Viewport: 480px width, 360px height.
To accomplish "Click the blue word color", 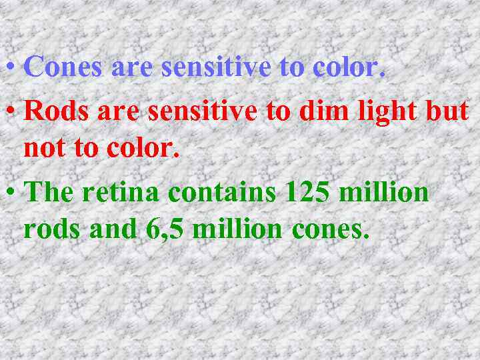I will click(343, 67).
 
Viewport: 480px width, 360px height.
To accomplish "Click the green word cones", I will click(330, 230).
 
